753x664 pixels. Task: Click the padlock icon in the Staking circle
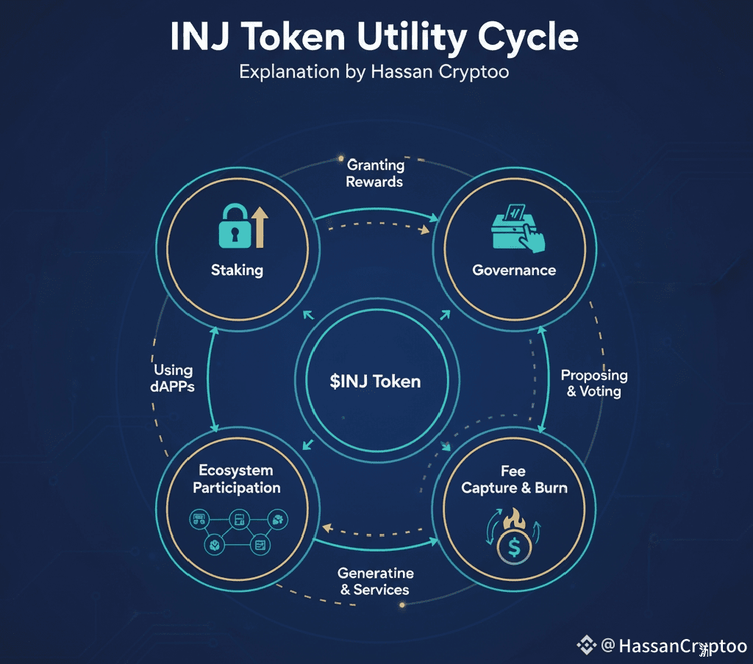pyautogui.click(x=234, y=229)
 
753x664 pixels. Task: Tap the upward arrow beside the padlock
pyautogui.click(x=259, y=226)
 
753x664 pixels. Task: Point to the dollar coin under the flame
pyautogui.click(x=514, y=548)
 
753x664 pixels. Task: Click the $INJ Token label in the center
pyautogui.click(x=375, y=382)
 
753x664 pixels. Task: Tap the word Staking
pyautogui.click(x=237, y=270)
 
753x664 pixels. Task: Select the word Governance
pyautogui.click(x=514, y=270)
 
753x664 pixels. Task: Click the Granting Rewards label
pyautogui.click(x=375, y=173)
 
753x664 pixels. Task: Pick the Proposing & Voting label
pyautogui.click(x=594, y=382)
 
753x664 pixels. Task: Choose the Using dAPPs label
pyautogui.click(x=174, y=377)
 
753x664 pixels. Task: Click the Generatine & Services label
pyautogui.click(x=375, y=581)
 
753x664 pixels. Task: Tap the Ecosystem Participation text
pyautogui.click(x=237, y=479)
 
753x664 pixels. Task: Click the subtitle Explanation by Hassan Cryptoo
pyautogui.click(x=375, y=72)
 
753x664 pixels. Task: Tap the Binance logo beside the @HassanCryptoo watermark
pyautogui.click(x=586, y=646)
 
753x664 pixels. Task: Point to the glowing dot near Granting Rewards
pyautogui.click(x=340, y=157)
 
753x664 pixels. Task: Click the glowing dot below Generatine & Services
pyautogui.click(x=402, y=604)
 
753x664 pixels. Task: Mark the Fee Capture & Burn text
pyautogui.click(x=514, y=479)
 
